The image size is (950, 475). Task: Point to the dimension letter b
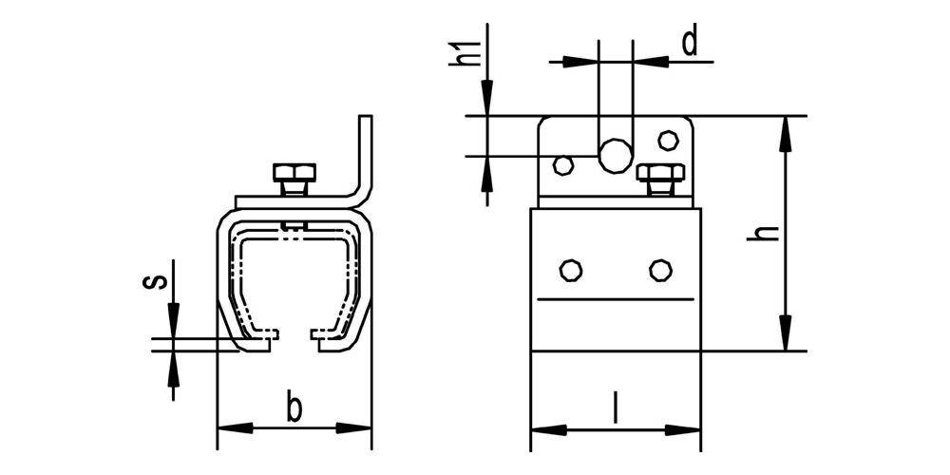pyautogui.click(x=294, y=408)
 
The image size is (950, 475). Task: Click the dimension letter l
pyautogui.click(x=616, y=408)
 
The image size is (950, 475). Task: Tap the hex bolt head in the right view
pyautogui.click(x=660, y=173)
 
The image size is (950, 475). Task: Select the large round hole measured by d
pyautogui.click(x=615, y=156)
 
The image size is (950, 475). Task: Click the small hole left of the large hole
pyautogui.click(x=563, y=164)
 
